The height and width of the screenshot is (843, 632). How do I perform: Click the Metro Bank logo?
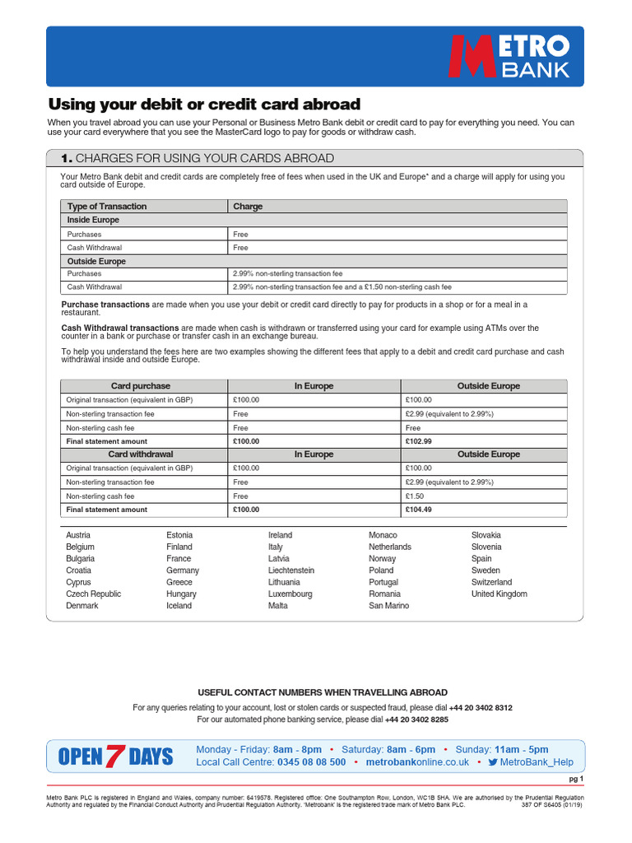[x=508, y=56]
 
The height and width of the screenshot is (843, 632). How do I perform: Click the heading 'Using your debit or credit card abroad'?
[x=204, y=105]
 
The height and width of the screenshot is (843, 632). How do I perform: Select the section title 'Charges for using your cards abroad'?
[x=198, y=158]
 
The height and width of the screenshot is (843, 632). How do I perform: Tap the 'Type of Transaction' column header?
[x=107, y=207]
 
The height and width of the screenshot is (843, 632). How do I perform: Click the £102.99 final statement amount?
[x=421, y=441]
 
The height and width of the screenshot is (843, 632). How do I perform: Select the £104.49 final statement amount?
[x=421, y=510]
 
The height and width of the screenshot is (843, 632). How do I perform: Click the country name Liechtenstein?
[x=291, y=571]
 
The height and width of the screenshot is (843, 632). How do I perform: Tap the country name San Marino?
[x=388, y=606]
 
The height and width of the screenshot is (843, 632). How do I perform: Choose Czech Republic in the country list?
[x=94, y=594]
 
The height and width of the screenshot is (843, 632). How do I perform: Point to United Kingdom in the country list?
[x=500, y=594]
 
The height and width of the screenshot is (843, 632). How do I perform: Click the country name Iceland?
[x=179, y=606]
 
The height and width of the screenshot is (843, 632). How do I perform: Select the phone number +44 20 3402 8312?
[x=481, y=707]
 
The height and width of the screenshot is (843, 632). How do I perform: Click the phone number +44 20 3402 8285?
[x=416, y=720]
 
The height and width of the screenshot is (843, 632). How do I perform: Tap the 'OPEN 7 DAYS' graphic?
[x=116, y=756]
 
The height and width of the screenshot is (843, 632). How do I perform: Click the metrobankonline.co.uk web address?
[x=417, y=762]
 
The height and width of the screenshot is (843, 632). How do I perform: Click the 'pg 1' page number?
[x=576, y=779]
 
